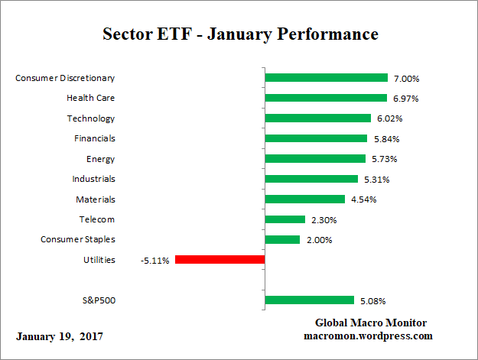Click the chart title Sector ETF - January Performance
click(240, 34)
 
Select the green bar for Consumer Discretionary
click(326, 78)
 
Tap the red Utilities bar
click(220, 260)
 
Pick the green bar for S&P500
click(309, 300)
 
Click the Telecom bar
click(285, 219)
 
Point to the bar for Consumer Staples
click(282, 239)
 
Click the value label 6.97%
click(405, 99)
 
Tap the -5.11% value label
click(155, 261)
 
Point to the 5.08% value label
click(372, 301)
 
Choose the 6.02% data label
click(389, 118)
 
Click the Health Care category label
click(91, 98)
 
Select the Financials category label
click(94, 138)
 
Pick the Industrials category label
click(93, 179)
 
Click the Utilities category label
click(99, 260)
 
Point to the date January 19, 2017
click(60, 336)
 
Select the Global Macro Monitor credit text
click(370, 323)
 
